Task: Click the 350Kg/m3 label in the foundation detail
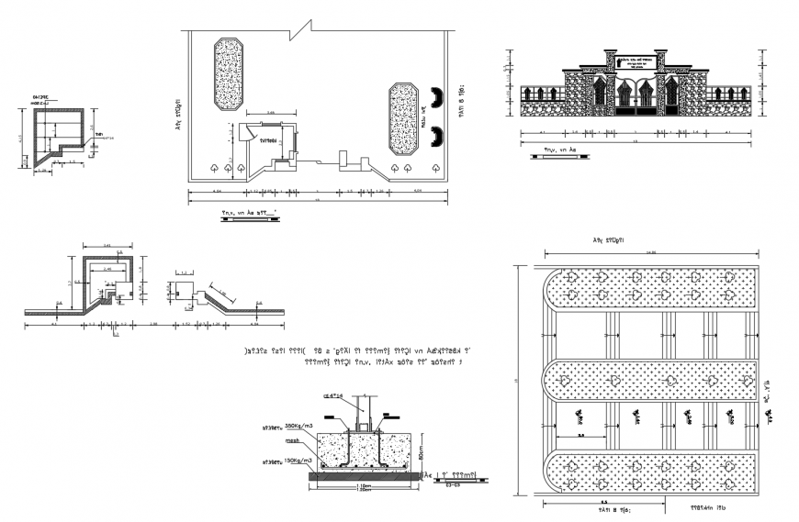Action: coord(299,427)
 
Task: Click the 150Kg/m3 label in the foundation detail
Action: coord(299,461)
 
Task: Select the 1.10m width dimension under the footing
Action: coord(364,485)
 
